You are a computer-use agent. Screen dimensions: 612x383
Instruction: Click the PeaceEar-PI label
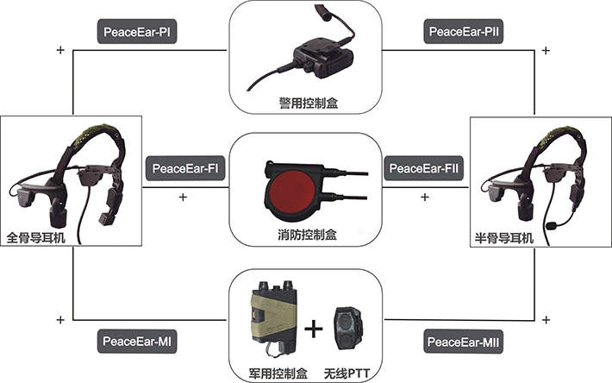(x=136, y=32)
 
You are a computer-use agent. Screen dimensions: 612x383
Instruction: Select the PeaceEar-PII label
(x=463, y=31)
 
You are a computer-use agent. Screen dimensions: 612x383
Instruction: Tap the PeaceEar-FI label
(x=185, y=168)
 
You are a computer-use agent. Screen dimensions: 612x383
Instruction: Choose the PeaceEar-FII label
(x=423, y=168)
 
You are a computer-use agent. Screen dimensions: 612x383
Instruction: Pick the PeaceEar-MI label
(x=136, y=342)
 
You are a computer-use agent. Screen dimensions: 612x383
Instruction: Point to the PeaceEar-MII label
(x=463, y=342)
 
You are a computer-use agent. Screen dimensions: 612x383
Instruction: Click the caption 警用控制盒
(x=309, y=103)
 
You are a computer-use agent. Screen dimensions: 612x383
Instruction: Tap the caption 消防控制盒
(x=308, y=235)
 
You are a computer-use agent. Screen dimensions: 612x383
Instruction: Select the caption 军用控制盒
(x=278, y=374)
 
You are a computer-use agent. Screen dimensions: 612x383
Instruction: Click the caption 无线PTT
(x=347, y=374)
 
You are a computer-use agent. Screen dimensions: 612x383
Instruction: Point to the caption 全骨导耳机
(x=36, y=237)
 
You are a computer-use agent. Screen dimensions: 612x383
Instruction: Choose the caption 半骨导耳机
(x=504, y=237)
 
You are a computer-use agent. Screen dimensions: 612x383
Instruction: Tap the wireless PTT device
(x=348, y=329)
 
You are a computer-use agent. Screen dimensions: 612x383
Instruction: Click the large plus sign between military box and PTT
(x=314, y=330)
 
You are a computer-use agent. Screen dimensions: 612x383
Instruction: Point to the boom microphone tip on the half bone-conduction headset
(x=552, y=226)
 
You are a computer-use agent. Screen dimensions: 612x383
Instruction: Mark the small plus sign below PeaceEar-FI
(x=183, y=197)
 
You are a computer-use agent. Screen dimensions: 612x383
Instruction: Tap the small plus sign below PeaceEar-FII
(x=425, y=197)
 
